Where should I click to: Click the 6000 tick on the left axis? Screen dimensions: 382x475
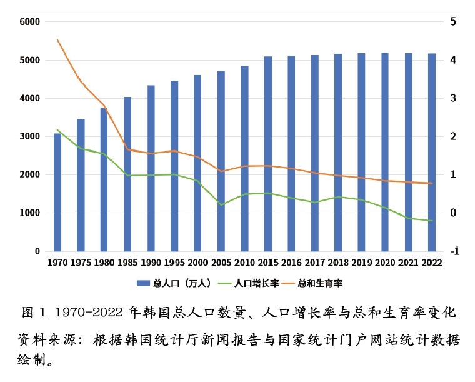point(29,22)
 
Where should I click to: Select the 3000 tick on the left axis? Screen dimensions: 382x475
point(29,136)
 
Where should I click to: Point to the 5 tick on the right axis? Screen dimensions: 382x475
point(453,22)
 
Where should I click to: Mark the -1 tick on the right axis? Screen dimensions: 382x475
point(454,251)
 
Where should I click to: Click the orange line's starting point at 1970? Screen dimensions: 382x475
point(57,40)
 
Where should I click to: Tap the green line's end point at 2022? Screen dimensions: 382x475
point(432,221)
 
